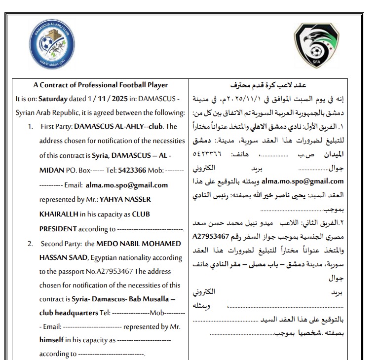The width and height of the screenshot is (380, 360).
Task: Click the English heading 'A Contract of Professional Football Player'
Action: tap(101, 85)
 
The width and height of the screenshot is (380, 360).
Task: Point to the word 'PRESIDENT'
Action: tap(58, 229)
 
